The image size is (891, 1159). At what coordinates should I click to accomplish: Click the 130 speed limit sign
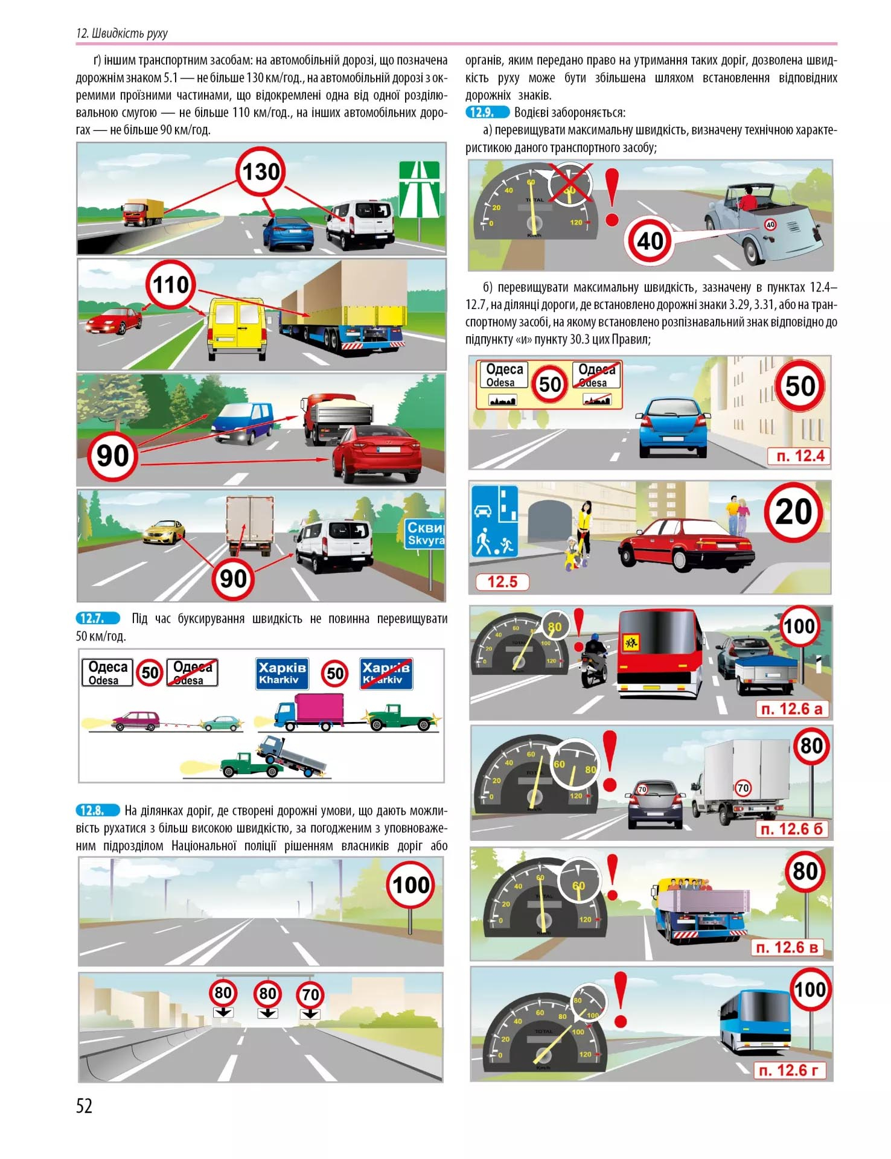pos(260,171)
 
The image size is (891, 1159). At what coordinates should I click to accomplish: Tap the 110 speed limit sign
pos(171,285)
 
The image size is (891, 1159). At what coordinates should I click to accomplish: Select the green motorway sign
pos(419,190)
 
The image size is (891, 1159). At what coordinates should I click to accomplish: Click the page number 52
pos(85,1105)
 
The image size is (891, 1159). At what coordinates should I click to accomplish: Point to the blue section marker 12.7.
pos(98,618)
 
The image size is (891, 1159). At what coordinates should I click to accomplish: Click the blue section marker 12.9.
pos(487,112)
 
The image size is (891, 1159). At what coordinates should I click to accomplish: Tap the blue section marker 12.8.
pos(98,811)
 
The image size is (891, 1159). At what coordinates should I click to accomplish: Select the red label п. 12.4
pos(799,456)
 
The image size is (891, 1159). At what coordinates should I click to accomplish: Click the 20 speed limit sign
pos(793,512)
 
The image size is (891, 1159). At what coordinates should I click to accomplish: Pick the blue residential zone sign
pos(494,522)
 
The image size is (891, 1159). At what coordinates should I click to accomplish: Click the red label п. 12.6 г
pos(789,1070)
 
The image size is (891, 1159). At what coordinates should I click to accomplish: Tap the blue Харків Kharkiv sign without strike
pos(283,674)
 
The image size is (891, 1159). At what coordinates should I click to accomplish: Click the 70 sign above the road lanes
pos(310,995)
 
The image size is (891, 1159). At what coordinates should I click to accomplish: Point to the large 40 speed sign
pos(650,241)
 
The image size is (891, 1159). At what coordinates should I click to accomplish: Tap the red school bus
pos(660,653)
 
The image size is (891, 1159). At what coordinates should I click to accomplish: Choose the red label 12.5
pos(502,582)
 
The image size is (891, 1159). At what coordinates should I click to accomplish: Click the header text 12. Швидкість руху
pos(122,33)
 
